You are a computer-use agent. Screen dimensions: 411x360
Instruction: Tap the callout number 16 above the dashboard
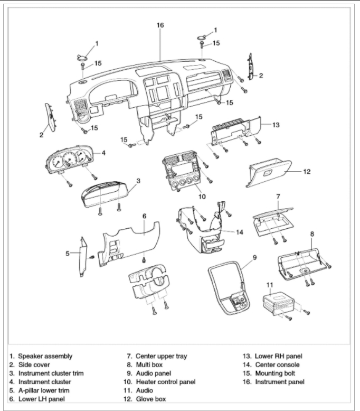coord(160,25)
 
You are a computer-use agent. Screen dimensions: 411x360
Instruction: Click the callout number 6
coord(144,216)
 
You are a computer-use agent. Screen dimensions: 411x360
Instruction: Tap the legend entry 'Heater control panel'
coord(165,381)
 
